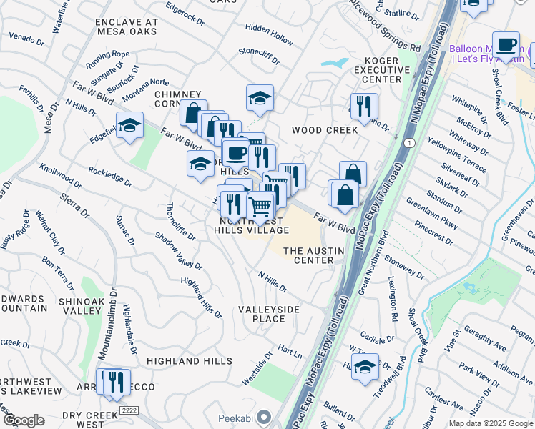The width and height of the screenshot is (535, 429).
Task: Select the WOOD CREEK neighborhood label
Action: [324, 130]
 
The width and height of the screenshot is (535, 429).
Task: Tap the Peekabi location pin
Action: [265, 416]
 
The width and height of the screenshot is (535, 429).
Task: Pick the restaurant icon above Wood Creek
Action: [364, 107]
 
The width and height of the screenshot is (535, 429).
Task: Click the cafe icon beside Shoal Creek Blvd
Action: [506, 45]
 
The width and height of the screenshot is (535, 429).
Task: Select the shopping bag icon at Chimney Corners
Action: [193, 113]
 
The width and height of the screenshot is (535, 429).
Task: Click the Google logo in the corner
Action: [23, 420]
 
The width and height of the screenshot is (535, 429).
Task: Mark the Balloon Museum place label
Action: [484, 49]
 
